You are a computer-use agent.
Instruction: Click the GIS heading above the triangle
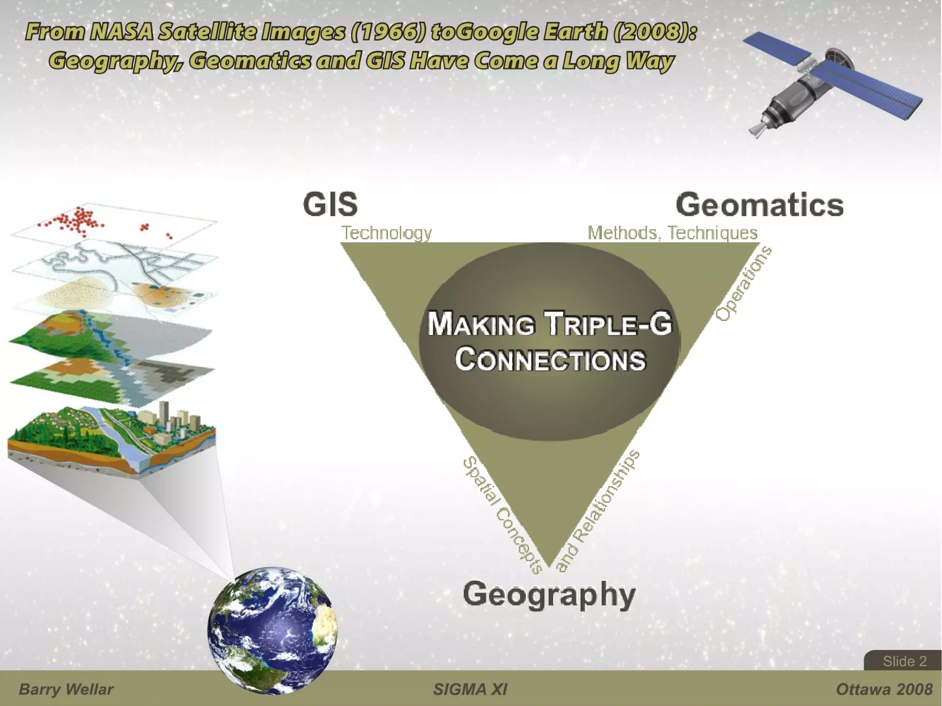(330, 204)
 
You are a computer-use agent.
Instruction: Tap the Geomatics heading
(759, 205)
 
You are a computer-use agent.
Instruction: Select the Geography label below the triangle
(549, 595)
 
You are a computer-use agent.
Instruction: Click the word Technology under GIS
(386, 233)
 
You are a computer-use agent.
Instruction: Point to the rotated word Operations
(743, 284)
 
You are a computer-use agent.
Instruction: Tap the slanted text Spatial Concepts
(503, 515)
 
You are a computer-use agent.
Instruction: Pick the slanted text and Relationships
(598, 511)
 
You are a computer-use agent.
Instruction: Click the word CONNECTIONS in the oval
(551, 359)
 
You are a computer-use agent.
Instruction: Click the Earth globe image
(272, 631)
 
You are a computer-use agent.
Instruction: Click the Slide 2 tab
(904, 661)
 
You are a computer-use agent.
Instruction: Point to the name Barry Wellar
(66, 689)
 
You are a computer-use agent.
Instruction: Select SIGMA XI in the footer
(470, 689)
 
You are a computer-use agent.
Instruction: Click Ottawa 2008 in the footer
(884, 689)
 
